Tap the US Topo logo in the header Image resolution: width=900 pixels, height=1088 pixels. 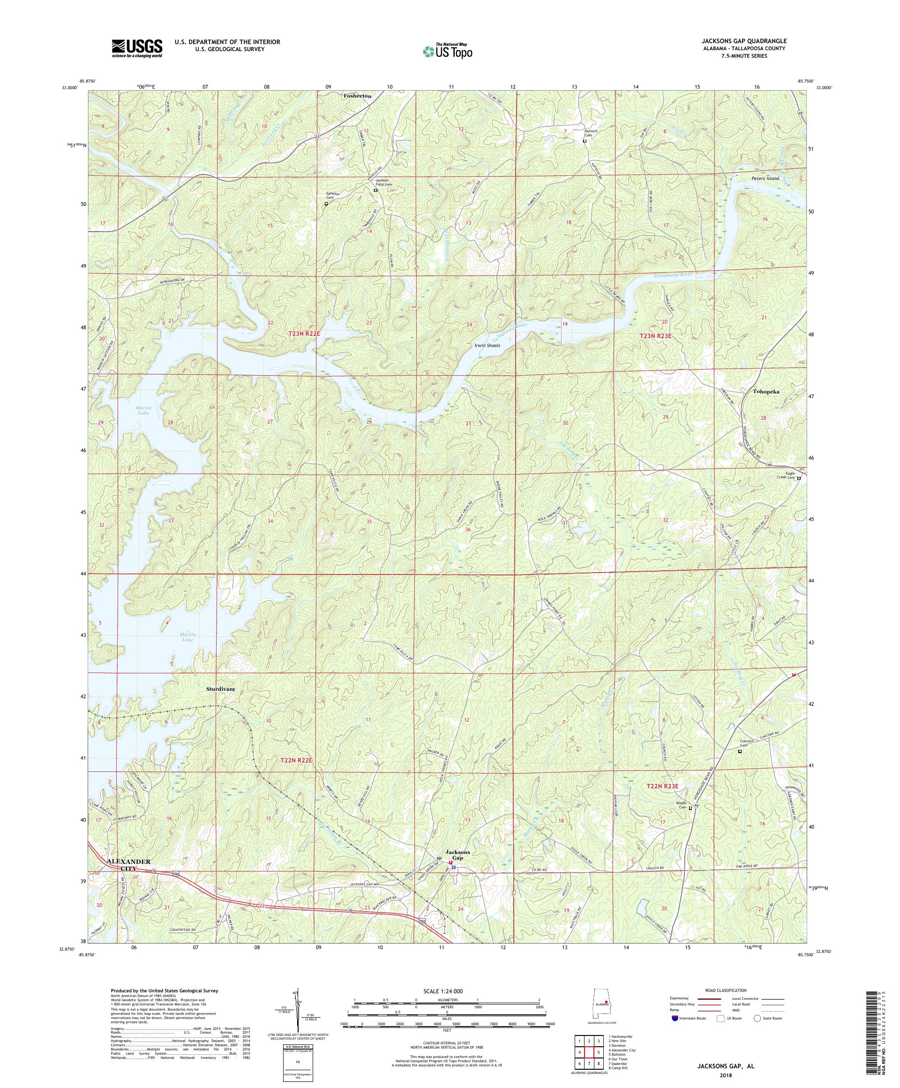coord(447,51)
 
